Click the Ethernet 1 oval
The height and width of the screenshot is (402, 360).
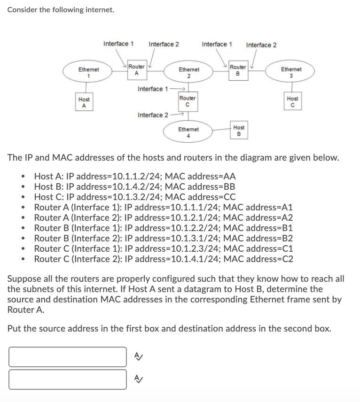pos(88,72)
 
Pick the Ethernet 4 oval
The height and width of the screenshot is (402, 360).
pos(188,132)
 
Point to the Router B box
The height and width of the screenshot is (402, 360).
pos(238,70)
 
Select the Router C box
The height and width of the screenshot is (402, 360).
pos(187,101)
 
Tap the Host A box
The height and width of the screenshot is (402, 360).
pos(84,102)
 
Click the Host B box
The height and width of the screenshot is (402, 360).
pos(239,130)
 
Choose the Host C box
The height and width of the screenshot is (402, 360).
pos(292,101)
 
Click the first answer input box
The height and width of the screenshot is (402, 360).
pos(67,357)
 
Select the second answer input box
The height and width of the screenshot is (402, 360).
pos(67,379)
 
